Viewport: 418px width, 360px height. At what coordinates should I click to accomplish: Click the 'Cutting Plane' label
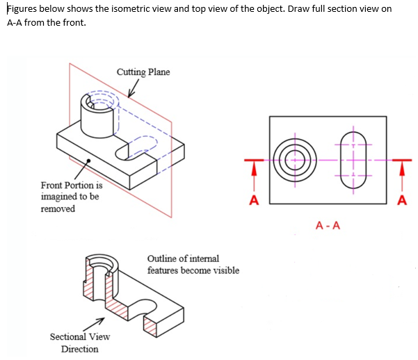[x=143, y=72]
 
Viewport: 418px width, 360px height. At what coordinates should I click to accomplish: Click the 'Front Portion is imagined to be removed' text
[x=71, y=197]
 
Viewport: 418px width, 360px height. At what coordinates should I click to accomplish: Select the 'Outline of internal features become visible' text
[x=193, y=264]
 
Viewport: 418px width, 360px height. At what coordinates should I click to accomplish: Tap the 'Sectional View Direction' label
[x=79, y=343]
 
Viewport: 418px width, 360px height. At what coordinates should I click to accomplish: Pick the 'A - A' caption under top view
[x=328, y=225]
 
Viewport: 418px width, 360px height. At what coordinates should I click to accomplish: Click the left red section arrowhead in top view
[x=254, y=169]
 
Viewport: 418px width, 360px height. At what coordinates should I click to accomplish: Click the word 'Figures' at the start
[x=22, y=8]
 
